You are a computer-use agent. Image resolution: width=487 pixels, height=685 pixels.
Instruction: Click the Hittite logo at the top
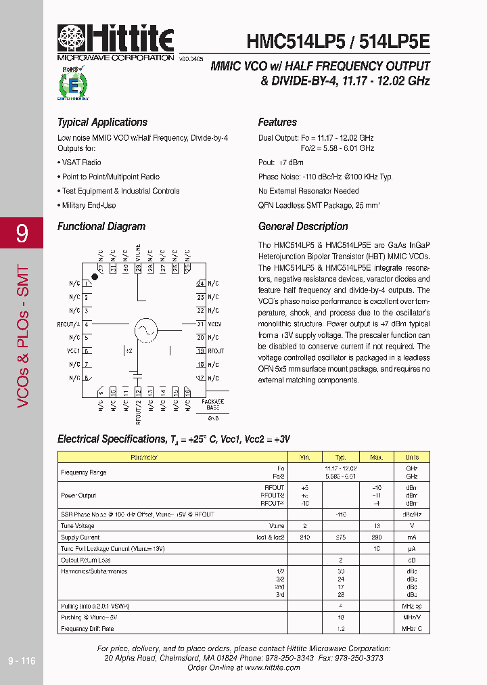coord(116,41)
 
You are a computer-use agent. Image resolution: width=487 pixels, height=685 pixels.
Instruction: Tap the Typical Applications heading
coord(102,123)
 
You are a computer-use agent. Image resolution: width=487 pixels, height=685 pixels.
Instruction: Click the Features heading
coord(277,123)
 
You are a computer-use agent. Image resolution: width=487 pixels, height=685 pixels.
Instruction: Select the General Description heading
coord(303,227)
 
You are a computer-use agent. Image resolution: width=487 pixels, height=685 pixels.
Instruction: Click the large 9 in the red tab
coord(22,234)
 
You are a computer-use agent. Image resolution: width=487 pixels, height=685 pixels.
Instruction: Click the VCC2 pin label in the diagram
coord(215,324)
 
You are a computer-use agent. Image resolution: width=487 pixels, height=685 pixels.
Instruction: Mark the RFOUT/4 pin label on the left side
coord(69,324)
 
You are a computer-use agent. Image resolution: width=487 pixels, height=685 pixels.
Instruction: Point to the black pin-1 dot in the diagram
coord(95,278)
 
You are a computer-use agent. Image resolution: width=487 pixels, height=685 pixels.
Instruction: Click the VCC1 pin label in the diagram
coord(74,351)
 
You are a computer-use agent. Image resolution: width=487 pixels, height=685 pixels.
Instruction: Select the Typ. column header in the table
coord(341,458)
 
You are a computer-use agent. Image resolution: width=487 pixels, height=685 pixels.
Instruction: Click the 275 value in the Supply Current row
coord(341,537)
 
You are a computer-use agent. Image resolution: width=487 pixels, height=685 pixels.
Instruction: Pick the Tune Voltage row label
coord(77,525)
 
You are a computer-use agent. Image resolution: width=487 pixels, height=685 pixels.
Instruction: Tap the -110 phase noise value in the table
coord(341,514)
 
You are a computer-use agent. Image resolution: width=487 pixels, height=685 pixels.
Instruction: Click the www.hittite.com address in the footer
coord(273,667)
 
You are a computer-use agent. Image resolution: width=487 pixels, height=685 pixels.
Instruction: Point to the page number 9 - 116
coord(21,661)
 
